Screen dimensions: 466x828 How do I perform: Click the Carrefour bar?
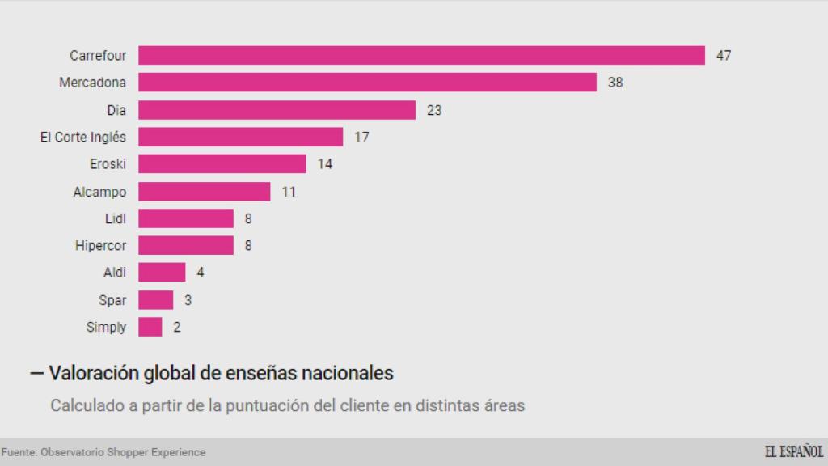click(x=421, y=55)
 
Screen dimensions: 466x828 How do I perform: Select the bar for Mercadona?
click(x=367, y=83)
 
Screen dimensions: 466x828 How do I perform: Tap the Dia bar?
click(x=277, y=109)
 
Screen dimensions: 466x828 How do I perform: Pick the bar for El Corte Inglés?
click(x=240, y=137)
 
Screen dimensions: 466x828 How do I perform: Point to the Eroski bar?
click(x=222, y=163)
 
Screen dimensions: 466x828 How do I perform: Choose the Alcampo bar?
click(x=204, y=191)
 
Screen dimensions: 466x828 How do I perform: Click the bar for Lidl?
click(x=186, y=218)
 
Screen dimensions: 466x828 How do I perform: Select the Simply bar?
click(x=150, y=327)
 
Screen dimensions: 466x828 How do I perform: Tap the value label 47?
click(x=723, y=56)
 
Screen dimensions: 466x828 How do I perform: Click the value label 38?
click(x=615, y=83)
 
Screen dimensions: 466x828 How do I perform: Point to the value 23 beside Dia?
click(x=433, y=110)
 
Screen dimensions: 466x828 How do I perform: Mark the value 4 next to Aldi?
click(x=200, y=273)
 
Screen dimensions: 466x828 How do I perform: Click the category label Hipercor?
click(x=101, y=245)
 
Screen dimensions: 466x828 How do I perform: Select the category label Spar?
click(x=112, y=300)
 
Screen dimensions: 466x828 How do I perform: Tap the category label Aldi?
click(x=115, y=273)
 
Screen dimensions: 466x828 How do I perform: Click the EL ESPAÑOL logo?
click(x=793, y=451)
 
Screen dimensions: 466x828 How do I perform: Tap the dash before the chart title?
click(x=36, y=374)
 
